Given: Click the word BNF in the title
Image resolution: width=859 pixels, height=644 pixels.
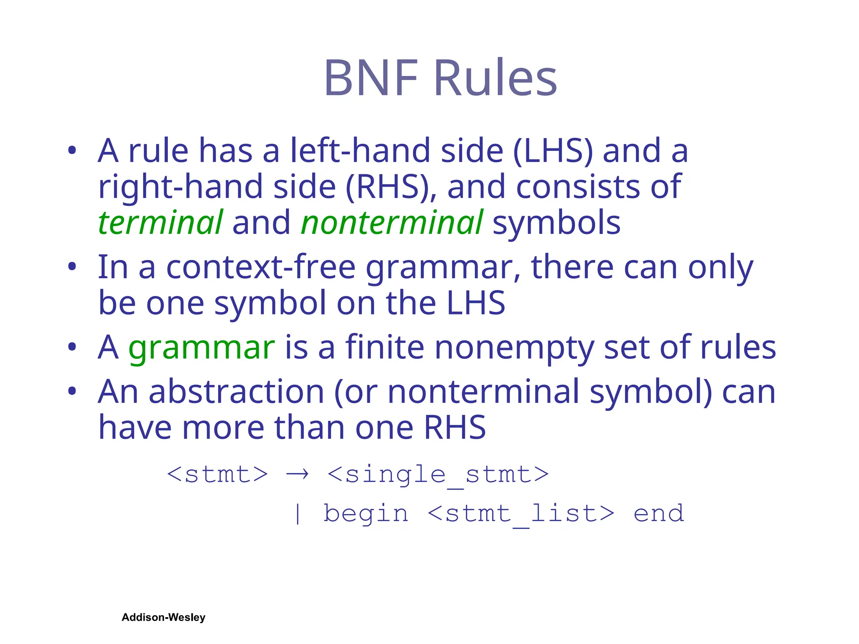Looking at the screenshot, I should coord(371,78).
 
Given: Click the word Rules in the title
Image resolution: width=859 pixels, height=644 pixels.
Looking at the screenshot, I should coord(496,78).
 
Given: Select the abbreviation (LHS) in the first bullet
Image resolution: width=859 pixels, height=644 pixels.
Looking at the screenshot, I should coord(553,151).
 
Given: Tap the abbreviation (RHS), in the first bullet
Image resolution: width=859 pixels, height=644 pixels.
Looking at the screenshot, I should coord(391,187).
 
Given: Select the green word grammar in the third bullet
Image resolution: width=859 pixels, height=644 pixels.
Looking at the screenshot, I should coord(201,348).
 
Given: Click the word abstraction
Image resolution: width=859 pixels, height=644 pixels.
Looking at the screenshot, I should coord(237,392).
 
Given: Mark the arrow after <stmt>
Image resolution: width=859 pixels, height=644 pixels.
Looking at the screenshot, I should coord(297,475).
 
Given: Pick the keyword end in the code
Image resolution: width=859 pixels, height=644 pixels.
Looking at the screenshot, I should coord(659,514).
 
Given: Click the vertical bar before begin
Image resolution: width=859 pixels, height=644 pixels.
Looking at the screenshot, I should coord(297,514).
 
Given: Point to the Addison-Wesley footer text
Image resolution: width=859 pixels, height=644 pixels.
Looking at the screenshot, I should coord(164,617).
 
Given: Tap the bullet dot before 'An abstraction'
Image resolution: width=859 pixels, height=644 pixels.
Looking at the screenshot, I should coord(72,391).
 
